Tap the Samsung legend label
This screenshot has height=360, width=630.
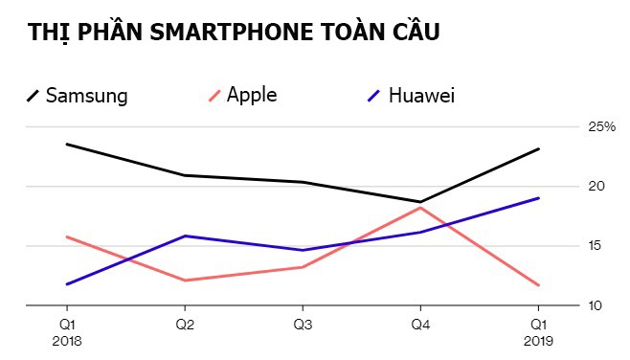(86, 96)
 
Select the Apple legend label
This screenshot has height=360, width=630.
(252, 95)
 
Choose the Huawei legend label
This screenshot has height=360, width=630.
(421, 96)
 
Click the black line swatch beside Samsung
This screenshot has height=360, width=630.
(33, 96)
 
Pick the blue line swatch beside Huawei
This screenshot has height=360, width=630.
(375, 96)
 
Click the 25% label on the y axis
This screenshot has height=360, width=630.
(601, 127)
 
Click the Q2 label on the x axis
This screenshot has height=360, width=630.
(186, 325)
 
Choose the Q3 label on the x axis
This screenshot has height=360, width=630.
(303, 325)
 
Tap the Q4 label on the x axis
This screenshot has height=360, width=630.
(419, 325)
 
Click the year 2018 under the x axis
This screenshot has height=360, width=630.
(68, 340)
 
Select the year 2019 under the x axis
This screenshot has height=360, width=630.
(537, 340)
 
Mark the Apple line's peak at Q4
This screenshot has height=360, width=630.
(419, 207)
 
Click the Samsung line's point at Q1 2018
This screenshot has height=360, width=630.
(67, 144)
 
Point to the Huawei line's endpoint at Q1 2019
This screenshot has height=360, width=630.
(538, 198)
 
